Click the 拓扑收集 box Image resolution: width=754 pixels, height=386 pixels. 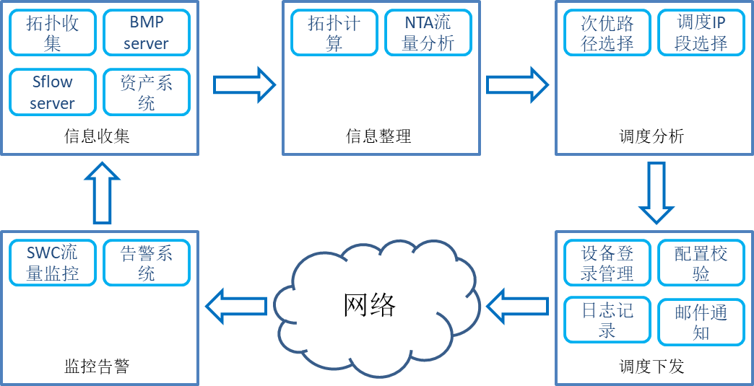(x=53, y=32)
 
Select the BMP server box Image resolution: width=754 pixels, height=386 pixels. (x=147, y=32)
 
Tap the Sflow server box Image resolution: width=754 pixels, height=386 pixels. (x=53, y=92)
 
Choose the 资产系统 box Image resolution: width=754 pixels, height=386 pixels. (x=147, y=92)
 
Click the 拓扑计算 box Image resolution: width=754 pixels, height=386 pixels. (x=334, y=32)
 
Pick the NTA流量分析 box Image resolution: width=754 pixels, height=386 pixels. (x=428, y=32)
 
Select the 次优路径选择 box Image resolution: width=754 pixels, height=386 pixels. (x=607, y=32)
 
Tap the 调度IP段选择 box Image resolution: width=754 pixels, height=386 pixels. (x=701, y=32)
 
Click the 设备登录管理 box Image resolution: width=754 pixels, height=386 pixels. (x=607, y=263)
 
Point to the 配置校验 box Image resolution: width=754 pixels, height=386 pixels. (x=701, y=263)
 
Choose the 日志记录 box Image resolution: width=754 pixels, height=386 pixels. (x=607, y=320)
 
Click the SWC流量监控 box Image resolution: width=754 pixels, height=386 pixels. (x=53, y=263)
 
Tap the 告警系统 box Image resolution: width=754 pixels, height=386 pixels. (x=147, y=263)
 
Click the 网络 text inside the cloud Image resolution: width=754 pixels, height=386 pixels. (x=370, y=305)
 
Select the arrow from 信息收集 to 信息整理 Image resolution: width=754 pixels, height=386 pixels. (x=244, y=85)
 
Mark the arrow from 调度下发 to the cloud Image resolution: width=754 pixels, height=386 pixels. (x=517, y=306)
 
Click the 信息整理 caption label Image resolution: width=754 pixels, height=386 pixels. (x=378, y=137)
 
